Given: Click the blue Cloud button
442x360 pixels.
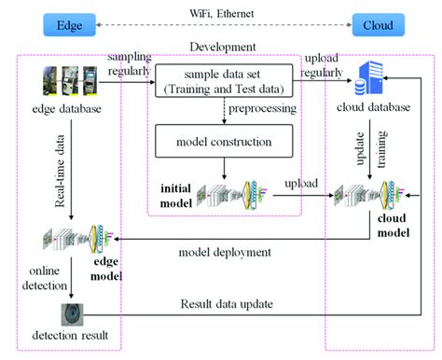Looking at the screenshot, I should coord(377,25).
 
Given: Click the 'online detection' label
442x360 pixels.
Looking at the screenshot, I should coord(37,277).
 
